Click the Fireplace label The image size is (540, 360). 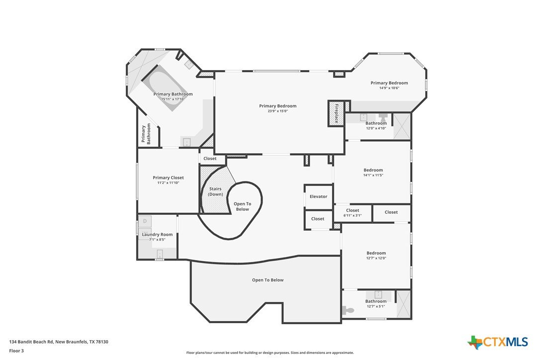point(337,113)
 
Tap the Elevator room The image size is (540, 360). point(319,196)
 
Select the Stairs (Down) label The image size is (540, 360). point(216,191)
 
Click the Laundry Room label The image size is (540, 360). point(158,235)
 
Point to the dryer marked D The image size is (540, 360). point(145,221)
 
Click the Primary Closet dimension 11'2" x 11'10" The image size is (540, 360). point(168,183)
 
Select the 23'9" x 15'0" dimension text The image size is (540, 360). point(277,111)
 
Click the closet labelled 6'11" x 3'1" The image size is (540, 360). point(353,213)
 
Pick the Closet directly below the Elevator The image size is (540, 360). point(318,219)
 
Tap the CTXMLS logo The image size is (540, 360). point(498,342)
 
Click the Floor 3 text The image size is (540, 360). point(16,351)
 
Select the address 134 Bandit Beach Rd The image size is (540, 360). point(31,342)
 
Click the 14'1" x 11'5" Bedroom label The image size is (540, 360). point(373,170)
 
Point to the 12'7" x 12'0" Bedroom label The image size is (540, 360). point(376,253)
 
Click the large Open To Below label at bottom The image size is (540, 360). point(268,280)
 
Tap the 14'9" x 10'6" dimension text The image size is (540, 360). point(389,88)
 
